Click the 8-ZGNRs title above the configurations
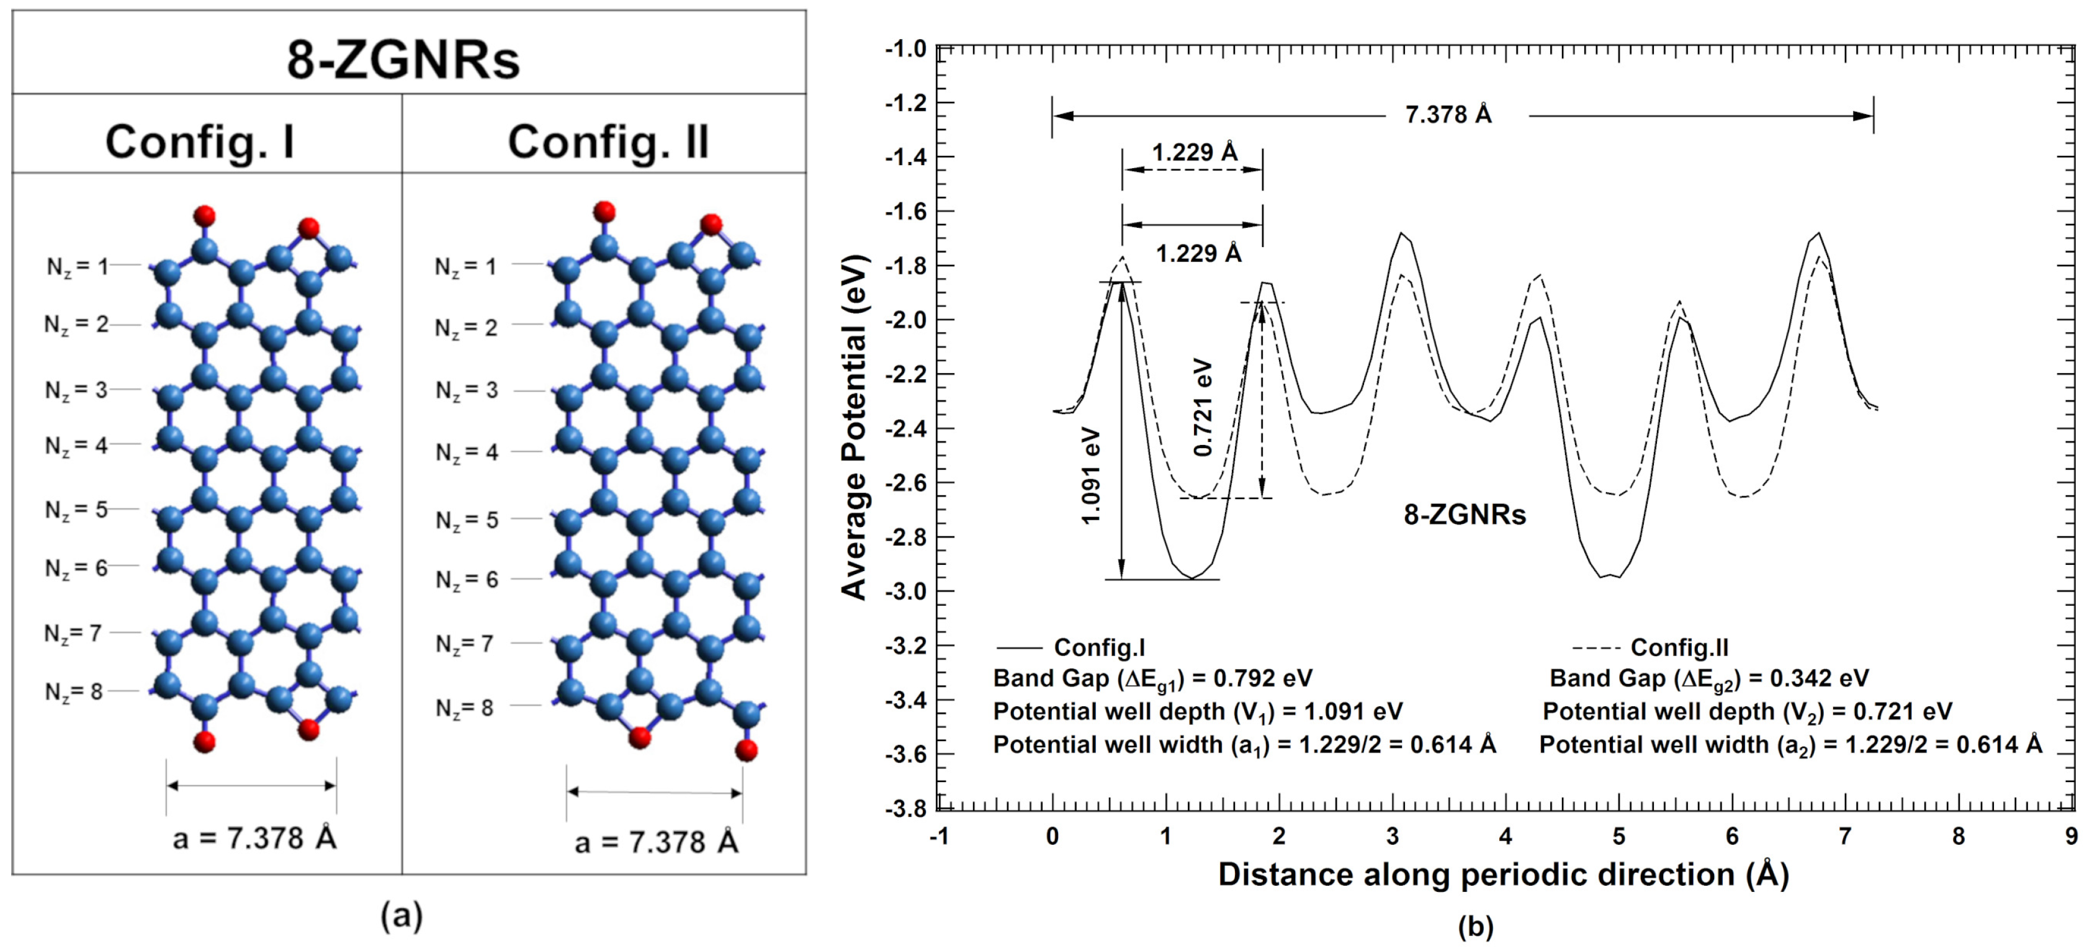403,59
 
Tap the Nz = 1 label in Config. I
77,267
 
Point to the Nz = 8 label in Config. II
464,708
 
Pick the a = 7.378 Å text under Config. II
656,843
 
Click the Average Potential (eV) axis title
854,427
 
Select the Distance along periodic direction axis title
1503,875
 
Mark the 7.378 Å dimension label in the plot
1448,115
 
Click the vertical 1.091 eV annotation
1092,477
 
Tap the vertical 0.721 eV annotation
1203,408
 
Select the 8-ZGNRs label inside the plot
1465,515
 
